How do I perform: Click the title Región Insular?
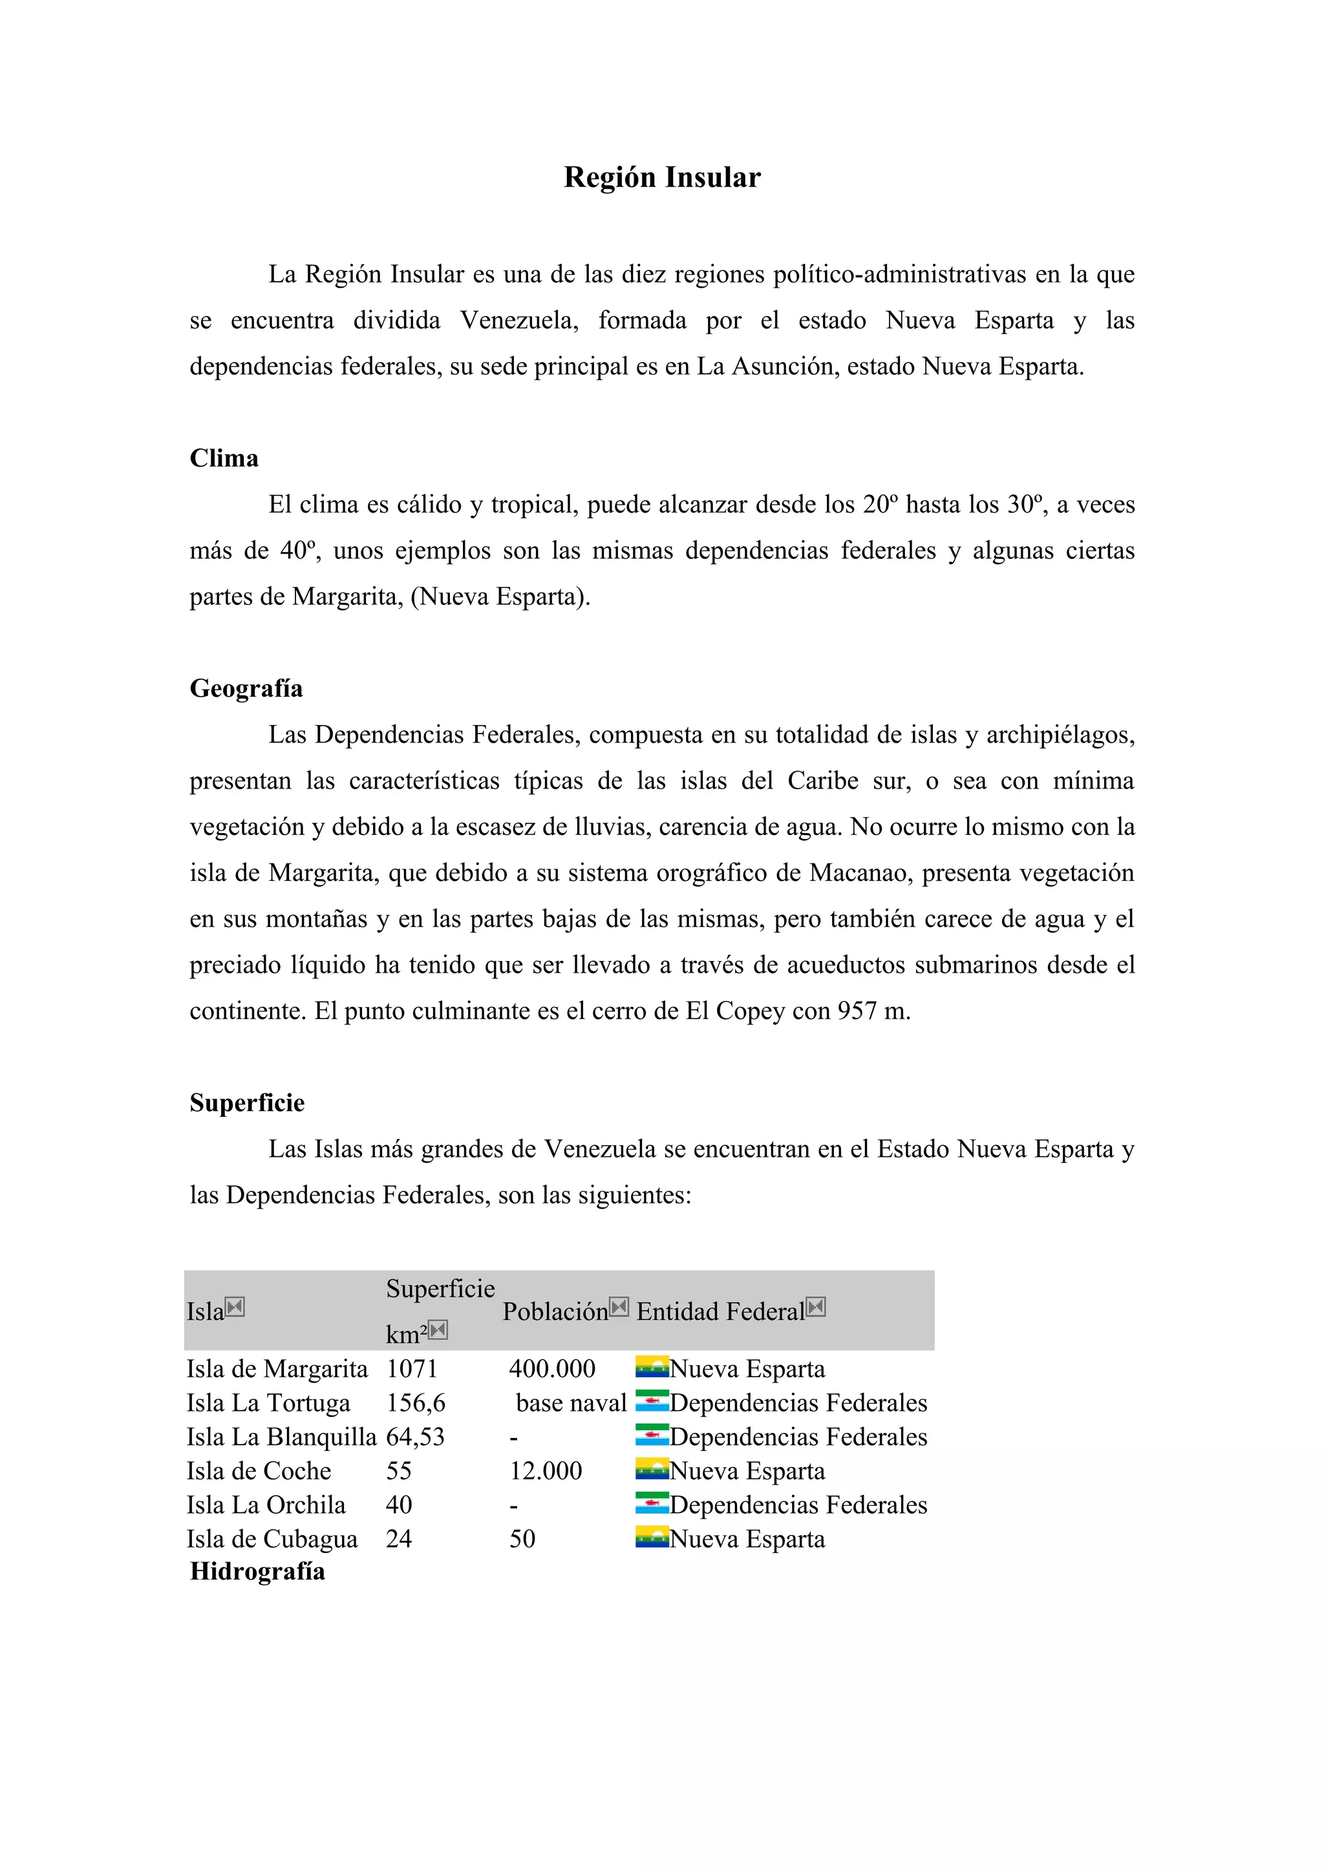coord(661,178)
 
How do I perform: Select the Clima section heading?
coord(224,458)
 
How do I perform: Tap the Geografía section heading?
coord(246,688)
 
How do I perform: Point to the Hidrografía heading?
coord(257,1571)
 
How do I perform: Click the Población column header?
coord(555,1312)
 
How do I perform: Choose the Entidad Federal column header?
coord(720,1312)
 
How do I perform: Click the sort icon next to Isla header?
coord(235,1307)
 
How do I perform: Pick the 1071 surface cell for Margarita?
coord(412,1369)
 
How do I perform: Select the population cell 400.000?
coord(552,1369)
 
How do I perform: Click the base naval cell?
coord(571,1403)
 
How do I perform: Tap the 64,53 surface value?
coord(415,1437)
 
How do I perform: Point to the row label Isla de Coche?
coord(259,1471)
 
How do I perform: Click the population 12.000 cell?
coord(546,1471)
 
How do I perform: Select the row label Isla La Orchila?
coord(266,1505)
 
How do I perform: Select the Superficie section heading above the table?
coord(247,1103)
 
